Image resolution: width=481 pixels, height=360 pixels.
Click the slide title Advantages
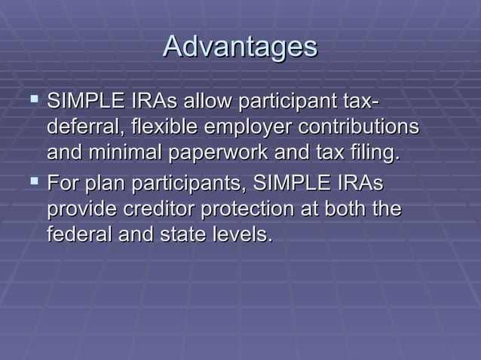(x=240, y=47)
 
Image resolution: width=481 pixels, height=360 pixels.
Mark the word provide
(x=81, y=211)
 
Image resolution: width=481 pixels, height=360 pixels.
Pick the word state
(x=179, y=236)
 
